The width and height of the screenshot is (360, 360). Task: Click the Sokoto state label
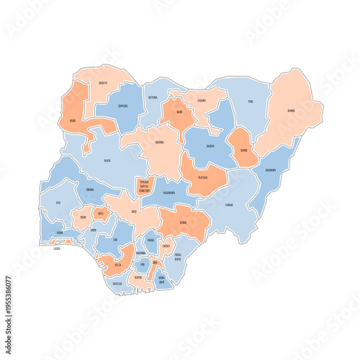(103, 83)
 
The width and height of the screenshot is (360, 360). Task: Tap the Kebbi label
(73, 120)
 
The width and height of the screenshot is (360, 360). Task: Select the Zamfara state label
(122, 106)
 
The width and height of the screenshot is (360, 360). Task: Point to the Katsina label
(153, 97)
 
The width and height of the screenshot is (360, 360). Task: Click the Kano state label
(179, 112)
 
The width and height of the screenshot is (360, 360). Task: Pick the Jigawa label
(201, 101)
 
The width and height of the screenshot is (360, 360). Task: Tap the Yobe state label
(251, 102)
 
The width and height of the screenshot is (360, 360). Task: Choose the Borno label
(291, 111)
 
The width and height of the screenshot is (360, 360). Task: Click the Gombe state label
(244, 150)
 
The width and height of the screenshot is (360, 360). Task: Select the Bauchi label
(210, 145)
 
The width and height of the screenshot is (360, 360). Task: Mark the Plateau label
(203, 176)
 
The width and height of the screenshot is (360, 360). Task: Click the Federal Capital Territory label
(145, 185)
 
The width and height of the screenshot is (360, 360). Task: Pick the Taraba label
(229, 204)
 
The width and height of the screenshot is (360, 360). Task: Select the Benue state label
(184, 223)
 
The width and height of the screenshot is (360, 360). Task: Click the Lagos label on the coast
(57, 248)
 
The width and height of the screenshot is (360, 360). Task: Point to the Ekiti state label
(100, 214)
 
